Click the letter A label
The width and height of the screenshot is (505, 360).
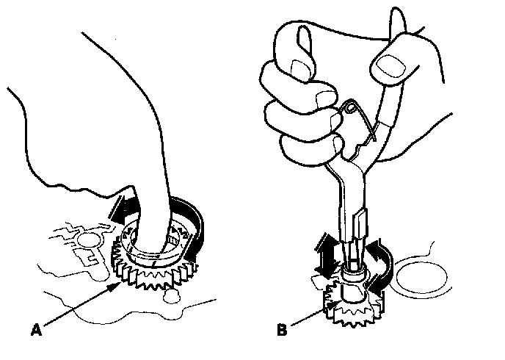click(x=36, y=331)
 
